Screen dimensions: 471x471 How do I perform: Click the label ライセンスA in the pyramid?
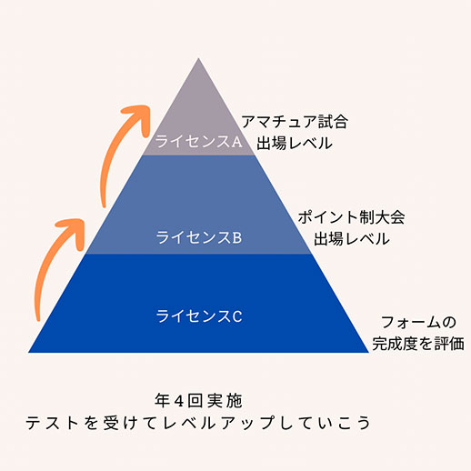click(x=198, y=141)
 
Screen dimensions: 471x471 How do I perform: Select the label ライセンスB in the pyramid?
click(x=199, y=237)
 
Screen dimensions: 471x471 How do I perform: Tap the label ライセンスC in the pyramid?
click(x=199, y=316)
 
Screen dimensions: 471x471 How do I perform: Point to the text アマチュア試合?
click(x=295, y=122)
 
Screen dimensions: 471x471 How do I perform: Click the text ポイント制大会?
click(x=351, y=217)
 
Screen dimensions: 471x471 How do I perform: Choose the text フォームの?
click(x=418, y=322)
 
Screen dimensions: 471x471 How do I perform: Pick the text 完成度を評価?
click(x=418, y=344)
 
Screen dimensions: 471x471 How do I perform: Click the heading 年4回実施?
click(x=198, y=400)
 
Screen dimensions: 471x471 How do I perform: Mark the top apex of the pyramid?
click(x=198, y=58)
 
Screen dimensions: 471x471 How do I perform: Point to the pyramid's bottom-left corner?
click(x=28, y=352)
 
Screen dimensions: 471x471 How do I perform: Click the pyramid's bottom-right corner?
click(x=368, y=352)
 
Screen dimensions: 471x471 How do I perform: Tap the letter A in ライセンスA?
click(x=236, y=142)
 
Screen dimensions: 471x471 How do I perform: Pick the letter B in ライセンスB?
click(x=237, y=237)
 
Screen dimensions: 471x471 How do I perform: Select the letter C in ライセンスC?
click(x=237, y=316)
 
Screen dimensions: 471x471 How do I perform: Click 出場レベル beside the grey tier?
click(x=295, y=143)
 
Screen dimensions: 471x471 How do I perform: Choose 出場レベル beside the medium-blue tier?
click(x=352, y=238)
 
